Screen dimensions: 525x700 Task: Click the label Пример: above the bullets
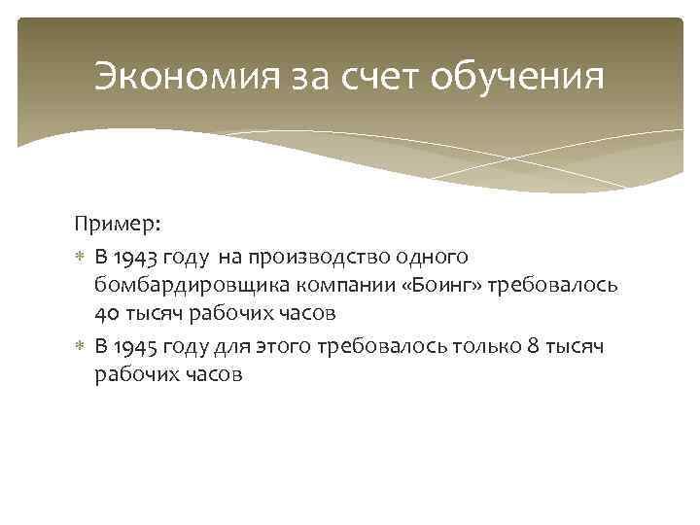pyautogui.click(x=118, y=225)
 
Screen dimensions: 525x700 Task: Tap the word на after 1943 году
pyautogui.click(x=227, y=256)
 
